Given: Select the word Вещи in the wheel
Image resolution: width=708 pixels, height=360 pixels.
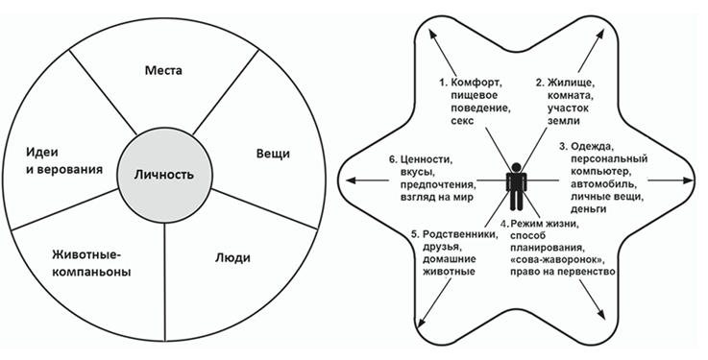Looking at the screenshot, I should tap(273, 154).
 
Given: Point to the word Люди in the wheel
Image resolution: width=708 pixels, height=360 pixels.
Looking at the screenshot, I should tap(230, 257).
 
